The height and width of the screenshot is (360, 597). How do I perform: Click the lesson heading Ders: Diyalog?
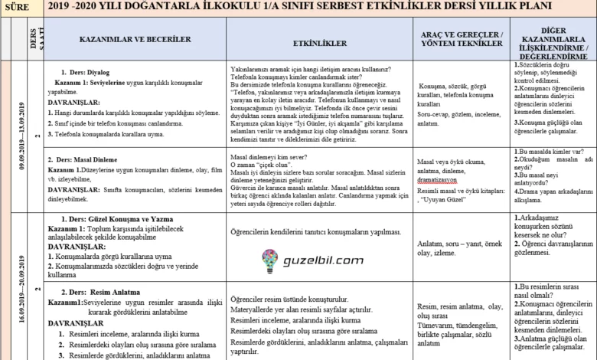click(x=85, y=73)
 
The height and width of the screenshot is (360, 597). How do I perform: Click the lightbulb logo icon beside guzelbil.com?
click(x=270, y=260)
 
